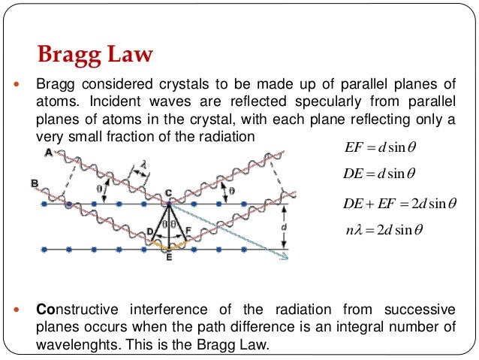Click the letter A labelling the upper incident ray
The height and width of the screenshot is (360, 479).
[x=49, y=153]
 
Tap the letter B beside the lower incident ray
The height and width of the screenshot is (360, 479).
[x=35, y=183]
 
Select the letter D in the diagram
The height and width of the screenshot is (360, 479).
[x=149, y=230]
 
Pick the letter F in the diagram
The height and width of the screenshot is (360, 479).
[x=188, y=230]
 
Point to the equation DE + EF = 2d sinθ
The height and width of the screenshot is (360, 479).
[x=394, y=204]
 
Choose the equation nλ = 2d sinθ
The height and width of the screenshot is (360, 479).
[x=381, y=229]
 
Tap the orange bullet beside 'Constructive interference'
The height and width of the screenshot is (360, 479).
[x=18, y=310]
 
